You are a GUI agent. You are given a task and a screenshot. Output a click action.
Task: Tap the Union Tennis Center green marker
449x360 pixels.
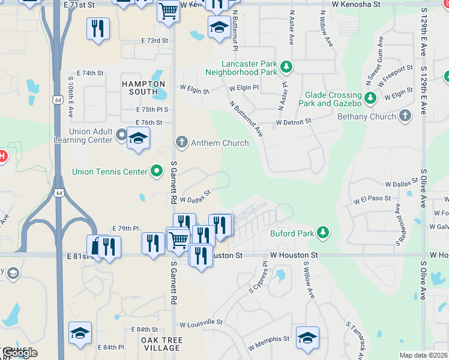pos(157,172)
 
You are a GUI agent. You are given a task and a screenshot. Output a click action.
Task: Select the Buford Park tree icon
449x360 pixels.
pos(323,232)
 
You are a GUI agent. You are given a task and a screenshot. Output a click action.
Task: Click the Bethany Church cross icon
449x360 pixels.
pos(406,116)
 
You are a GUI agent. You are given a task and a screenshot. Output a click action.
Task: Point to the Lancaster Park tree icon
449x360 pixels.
pos(287,67)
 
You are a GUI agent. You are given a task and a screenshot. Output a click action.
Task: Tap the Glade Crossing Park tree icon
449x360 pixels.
pos(370,97)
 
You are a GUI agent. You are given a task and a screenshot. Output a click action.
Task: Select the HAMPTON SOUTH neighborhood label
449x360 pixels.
pos(143,88)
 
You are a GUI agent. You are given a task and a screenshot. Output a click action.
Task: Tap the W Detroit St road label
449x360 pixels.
pos(294,122)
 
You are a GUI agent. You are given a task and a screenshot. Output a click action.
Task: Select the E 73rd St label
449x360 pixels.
pos(155,40)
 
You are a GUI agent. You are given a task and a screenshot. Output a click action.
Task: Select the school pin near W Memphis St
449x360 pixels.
pos(307,337)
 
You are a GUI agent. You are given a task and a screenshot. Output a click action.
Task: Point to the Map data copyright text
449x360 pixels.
pos(424,355)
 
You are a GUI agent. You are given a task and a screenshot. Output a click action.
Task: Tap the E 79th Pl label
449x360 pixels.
pos(125,229)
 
